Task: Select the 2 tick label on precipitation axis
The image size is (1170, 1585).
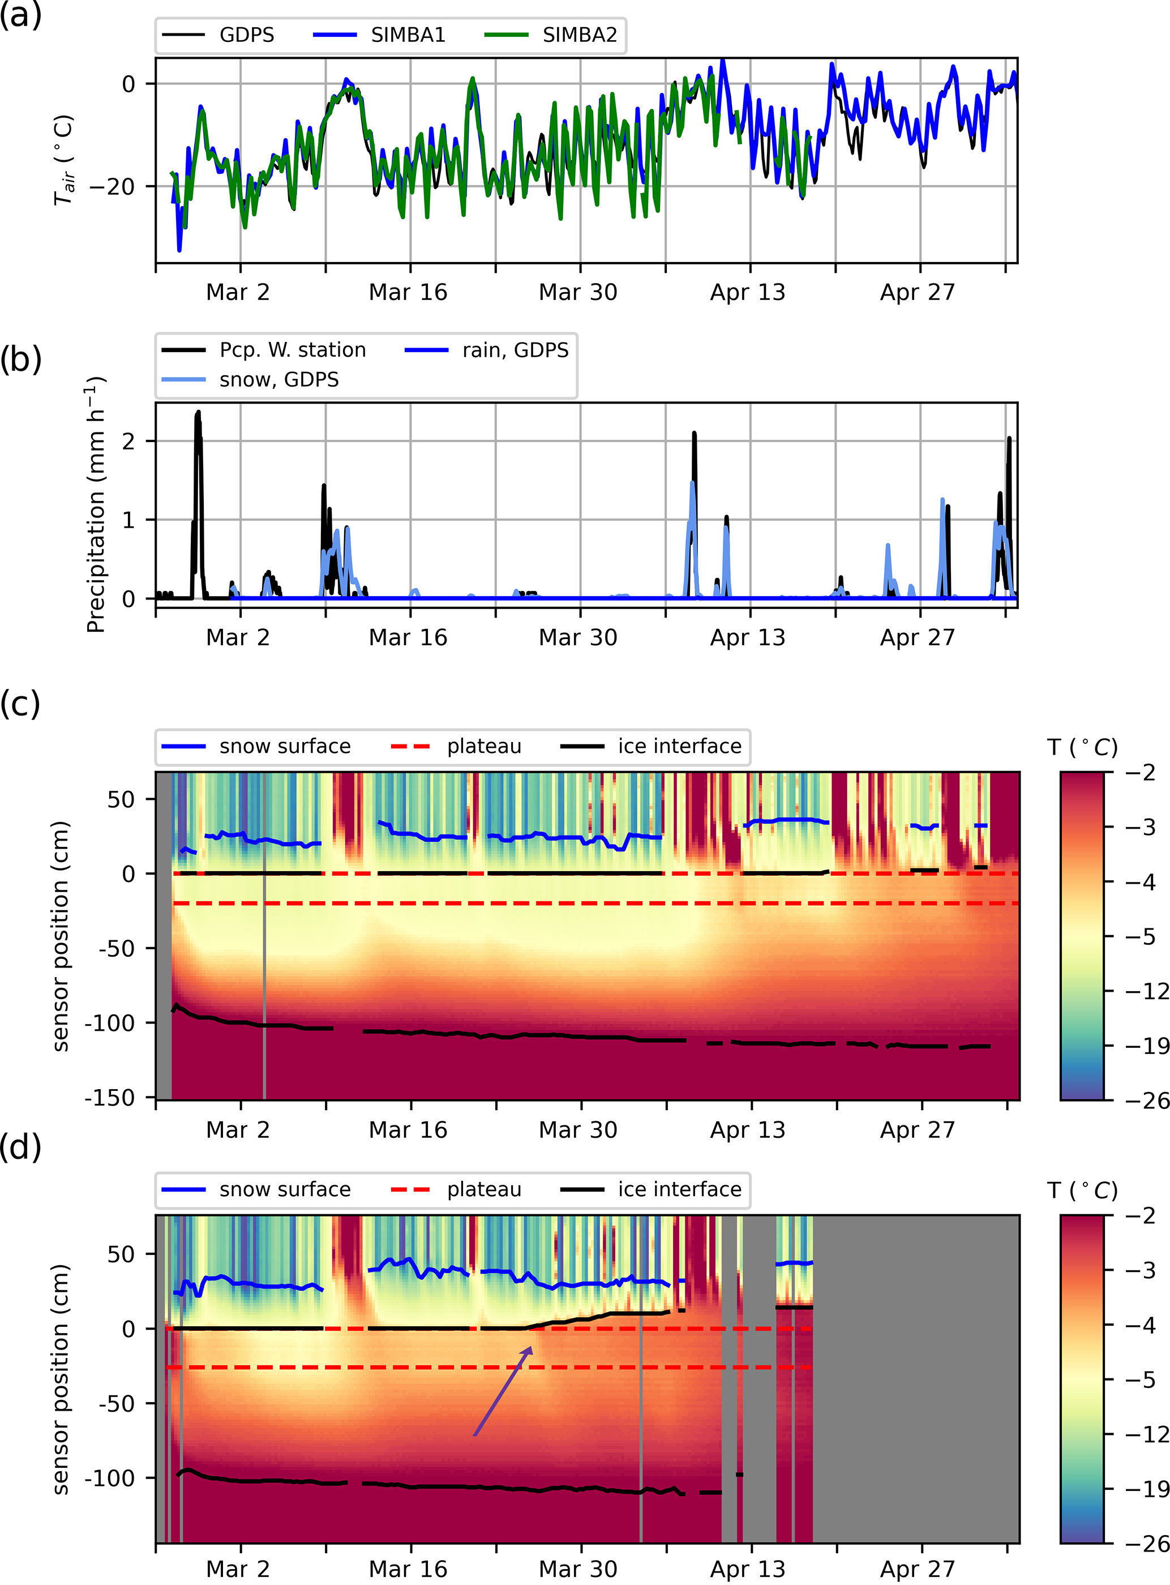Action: pyautogui.click(x=128, y=441)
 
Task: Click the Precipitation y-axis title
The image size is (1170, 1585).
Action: pyautogui.click(x=95, y=504)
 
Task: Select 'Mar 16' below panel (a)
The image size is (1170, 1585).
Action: pyautogui.click(x=408, y=292)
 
